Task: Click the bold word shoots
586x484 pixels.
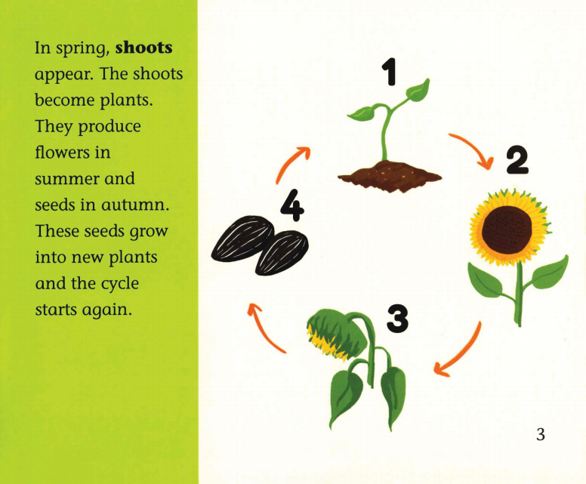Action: point(143,48)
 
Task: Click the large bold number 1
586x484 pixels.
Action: point(389,72)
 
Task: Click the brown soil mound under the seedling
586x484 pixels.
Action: point(390,176)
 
